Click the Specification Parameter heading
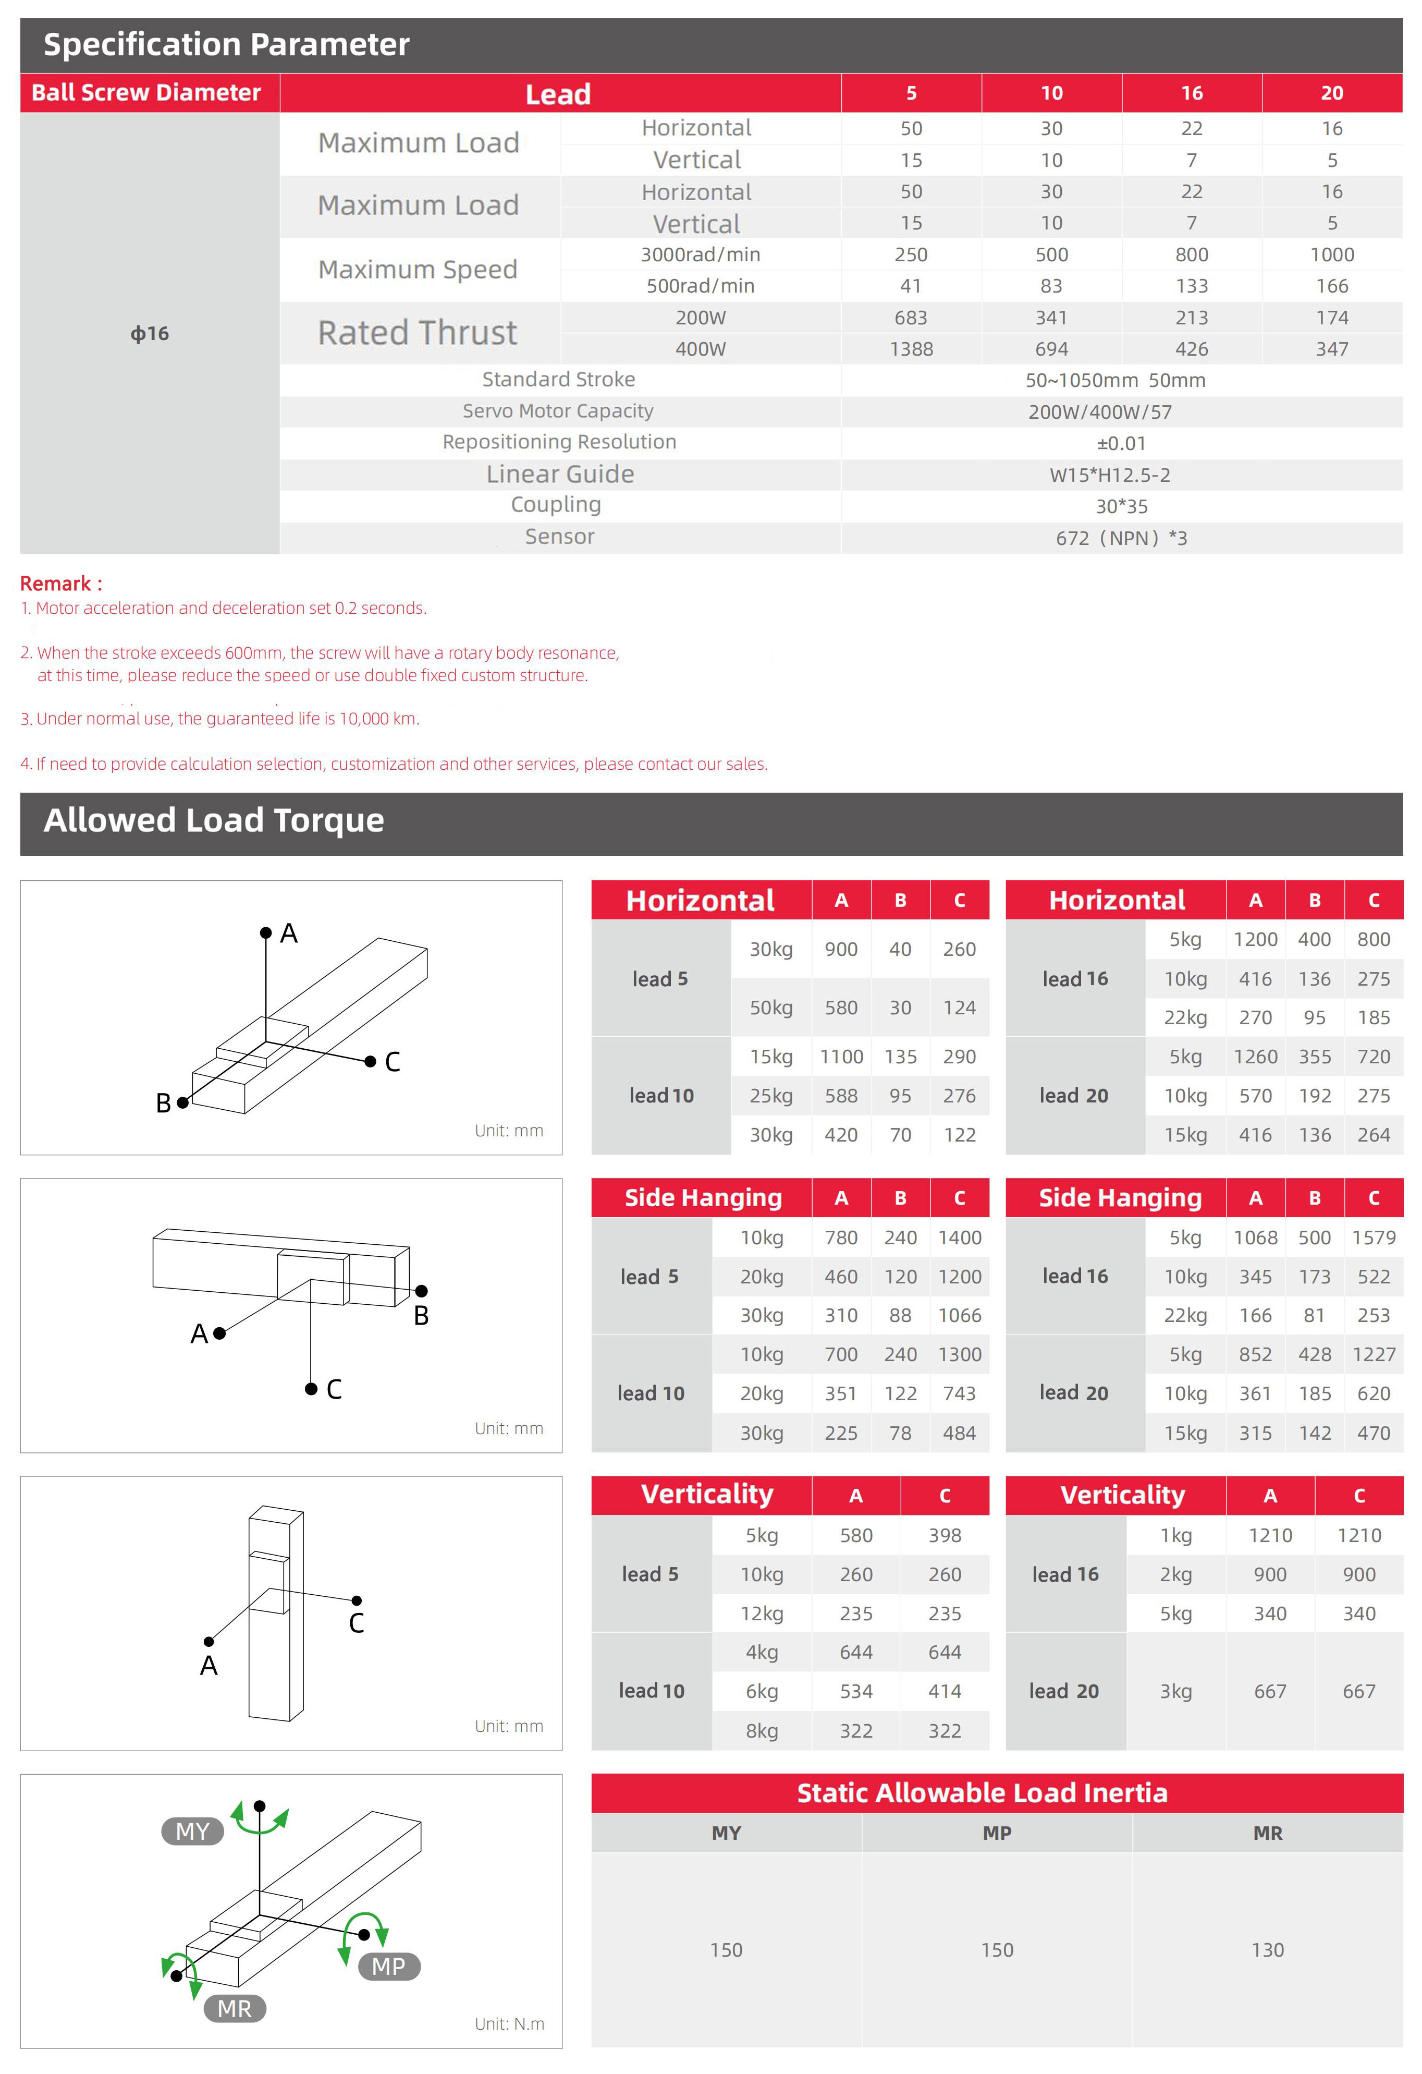coord(227,45)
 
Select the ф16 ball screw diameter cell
coord(150,334)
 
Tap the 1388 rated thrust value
coord(911,349)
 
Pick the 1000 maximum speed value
coord(1332,254)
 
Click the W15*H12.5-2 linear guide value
coord(1110,475)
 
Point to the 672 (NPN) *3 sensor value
coord(1121,538)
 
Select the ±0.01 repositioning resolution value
coord(1121,444)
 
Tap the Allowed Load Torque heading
coord(214,820)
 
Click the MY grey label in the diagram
coord(193,1832)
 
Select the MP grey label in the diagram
coord(389,1966)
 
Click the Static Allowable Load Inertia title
coord(982,1793)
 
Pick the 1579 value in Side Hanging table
coord(1373,1238)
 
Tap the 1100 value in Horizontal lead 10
coord(841,1057)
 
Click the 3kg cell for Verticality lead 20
coord(1176,1691)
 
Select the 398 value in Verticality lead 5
coord(945,1535)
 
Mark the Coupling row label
coord(556,505)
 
